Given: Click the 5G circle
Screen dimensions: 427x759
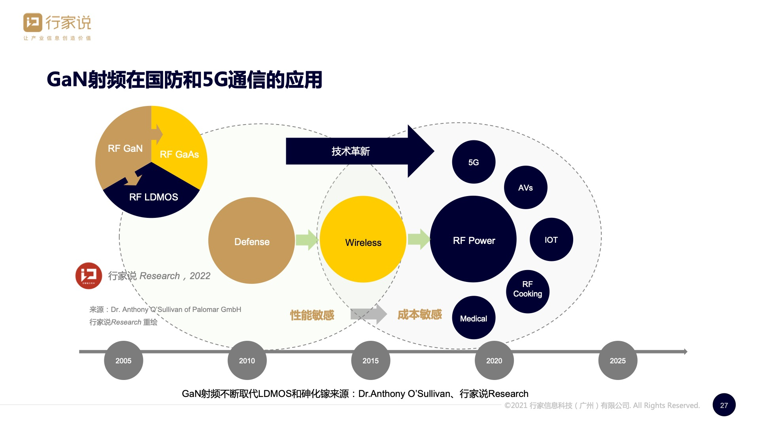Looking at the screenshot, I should [474, 162].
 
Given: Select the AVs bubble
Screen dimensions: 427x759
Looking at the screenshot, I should [525, 187].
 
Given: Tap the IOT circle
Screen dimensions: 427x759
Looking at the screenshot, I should [551, 240].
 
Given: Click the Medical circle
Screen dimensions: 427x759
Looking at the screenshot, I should [474, 318].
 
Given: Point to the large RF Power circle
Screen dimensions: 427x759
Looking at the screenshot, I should [473, 240].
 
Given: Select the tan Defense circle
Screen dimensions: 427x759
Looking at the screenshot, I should [251, 240].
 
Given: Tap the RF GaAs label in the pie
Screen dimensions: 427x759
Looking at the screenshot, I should [179, 154].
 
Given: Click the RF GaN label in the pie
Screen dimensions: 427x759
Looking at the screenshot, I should [125, 148].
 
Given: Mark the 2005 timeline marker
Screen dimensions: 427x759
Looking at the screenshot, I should [123, 360].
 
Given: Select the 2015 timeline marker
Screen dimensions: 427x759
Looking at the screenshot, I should [370, 360].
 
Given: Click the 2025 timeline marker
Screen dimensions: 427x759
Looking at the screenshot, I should [617, 360].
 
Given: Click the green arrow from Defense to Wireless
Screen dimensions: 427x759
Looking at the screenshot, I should [307, 240].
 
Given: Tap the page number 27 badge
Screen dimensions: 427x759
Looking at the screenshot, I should [724, 405].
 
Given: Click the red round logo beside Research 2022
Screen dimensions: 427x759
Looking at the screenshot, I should [89, 276].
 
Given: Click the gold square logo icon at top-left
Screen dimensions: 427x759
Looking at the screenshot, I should [33, 23].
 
